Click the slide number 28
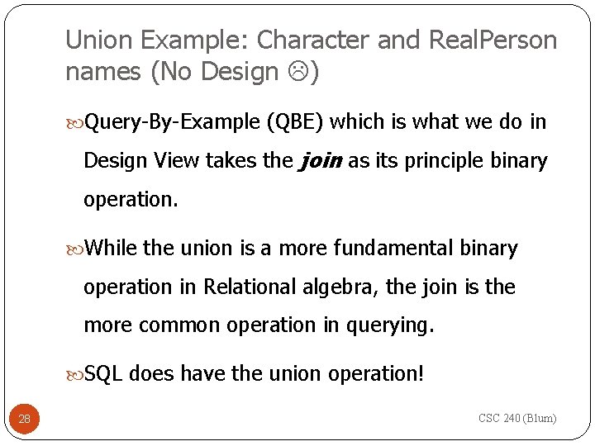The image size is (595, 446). [x=24, y=419]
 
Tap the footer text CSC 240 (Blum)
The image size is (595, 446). [x=517, y=418]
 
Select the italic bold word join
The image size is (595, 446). [x=320, y=160]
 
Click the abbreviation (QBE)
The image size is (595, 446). [x=296, y=122]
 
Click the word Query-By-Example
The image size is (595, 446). [x=173, y=122]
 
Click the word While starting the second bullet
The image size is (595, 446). [x=112, y=248]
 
